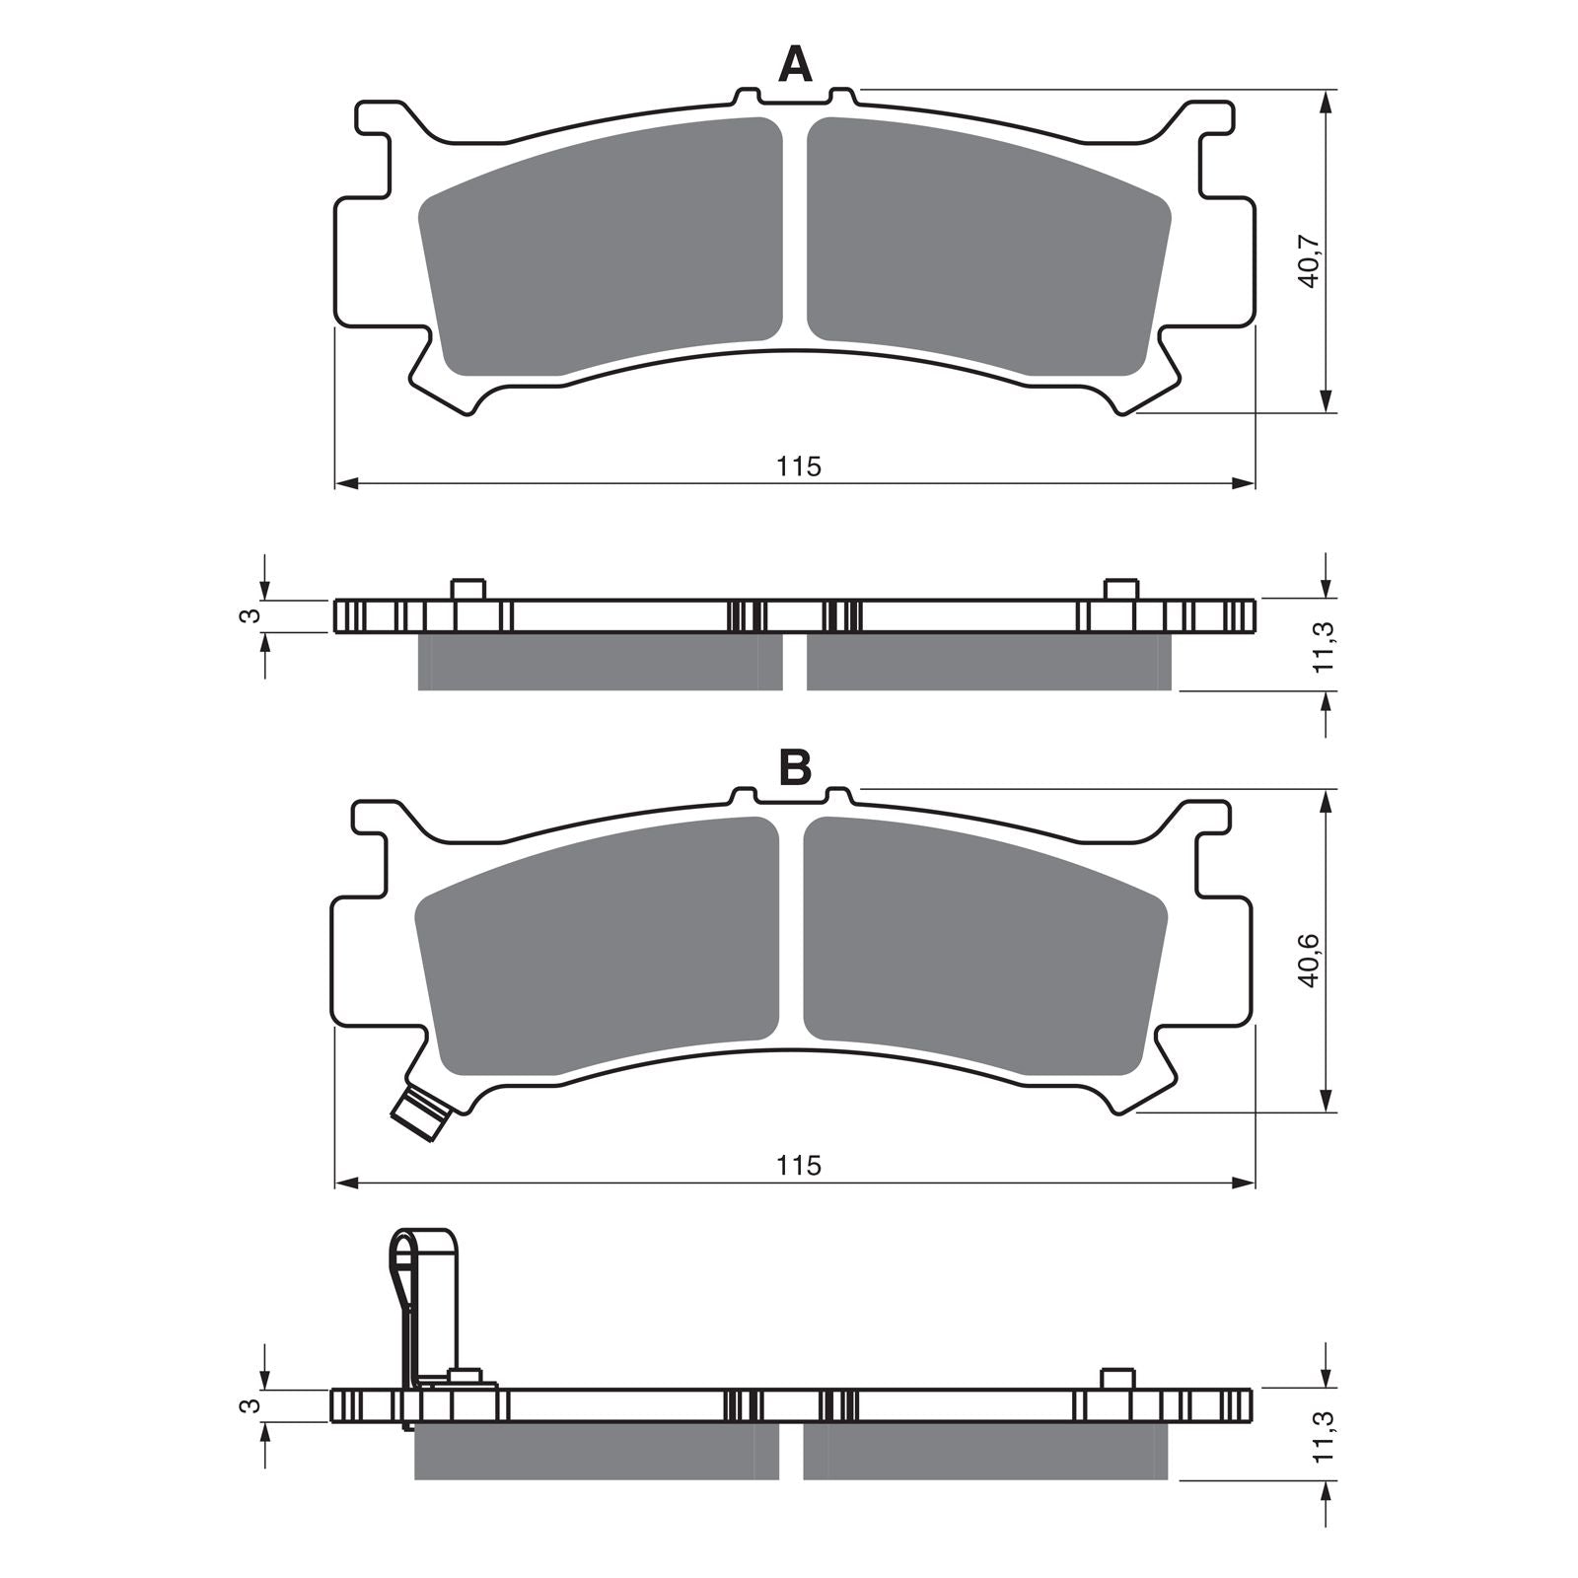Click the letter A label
pyautogui.click(x=795, y=66)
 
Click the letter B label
pyautogui.click(x=795, y=766)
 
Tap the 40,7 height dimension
pyautogui.click(x=1309, y=261)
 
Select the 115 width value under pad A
pyautogui.click(x=798, y=466)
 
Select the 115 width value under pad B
pyautogui.click(x=798, y=1166)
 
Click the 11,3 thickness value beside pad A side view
pyautogui.click(x=1326, y=646)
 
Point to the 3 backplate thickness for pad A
pyautogui.click(x=252, y=615)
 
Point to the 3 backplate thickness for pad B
pyautogui.click(x=252, y=1404)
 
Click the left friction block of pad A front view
pyautogui.click(x=602, y=247)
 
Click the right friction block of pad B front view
pyautogui.click(x=986, y=947)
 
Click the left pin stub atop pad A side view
pyautogui.click(x=468, y=589)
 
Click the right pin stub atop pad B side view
pyautogui.click(x=1117, y=1378)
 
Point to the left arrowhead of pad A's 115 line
pyautogui.click(x=345, y=483)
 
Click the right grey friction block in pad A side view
pyautogui.click(x=989, y=662)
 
